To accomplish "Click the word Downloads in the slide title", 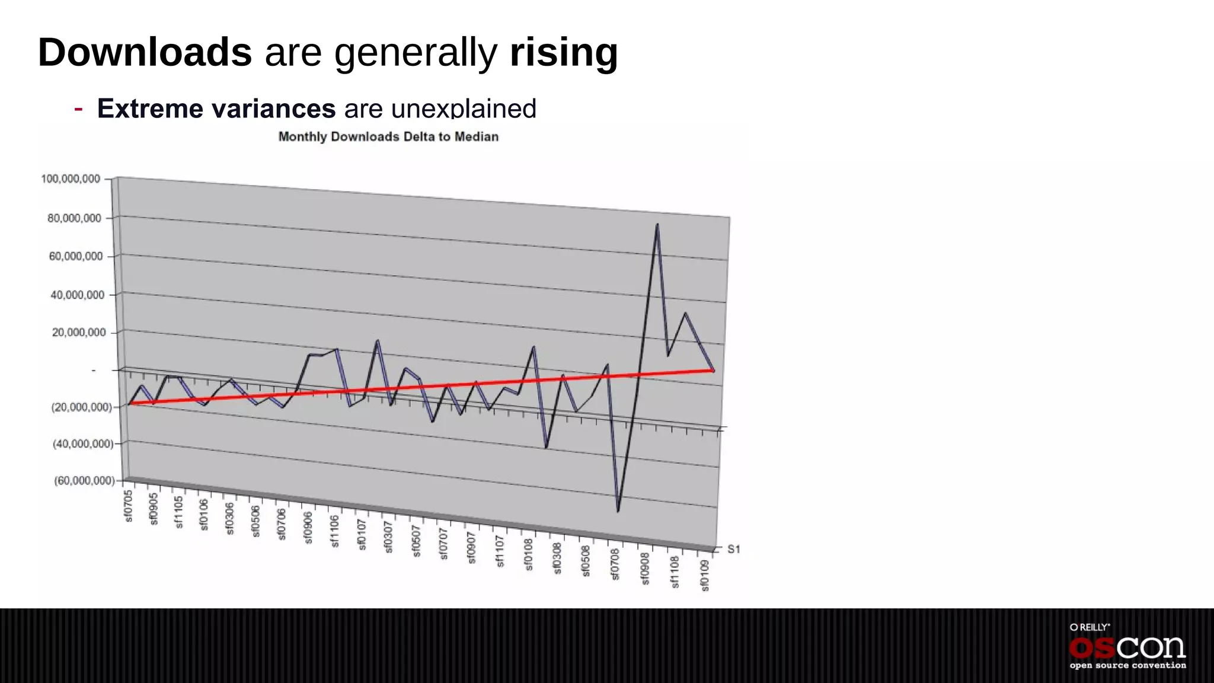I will (145, 52).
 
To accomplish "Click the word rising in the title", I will (563, 52).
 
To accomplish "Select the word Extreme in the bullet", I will (151, 108).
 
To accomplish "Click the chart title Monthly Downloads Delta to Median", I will (388, 137).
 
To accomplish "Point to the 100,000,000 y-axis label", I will (71, 179).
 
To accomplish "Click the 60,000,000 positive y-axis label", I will (75, 256).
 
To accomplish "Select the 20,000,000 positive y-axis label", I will (78, 333).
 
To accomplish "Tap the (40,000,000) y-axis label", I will (82, 443).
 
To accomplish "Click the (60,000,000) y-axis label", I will (84, 480).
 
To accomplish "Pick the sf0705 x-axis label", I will (129, 506).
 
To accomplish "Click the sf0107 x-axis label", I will (362, 534).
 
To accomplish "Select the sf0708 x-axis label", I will (615, 564).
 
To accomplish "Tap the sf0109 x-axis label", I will (705, 575).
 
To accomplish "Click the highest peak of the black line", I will (657, 224).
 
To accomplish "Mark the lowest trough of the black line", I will (618, 511).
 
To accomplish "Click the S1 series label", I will (734, 550).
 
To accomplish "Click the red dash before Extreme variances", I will (78, 108).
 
